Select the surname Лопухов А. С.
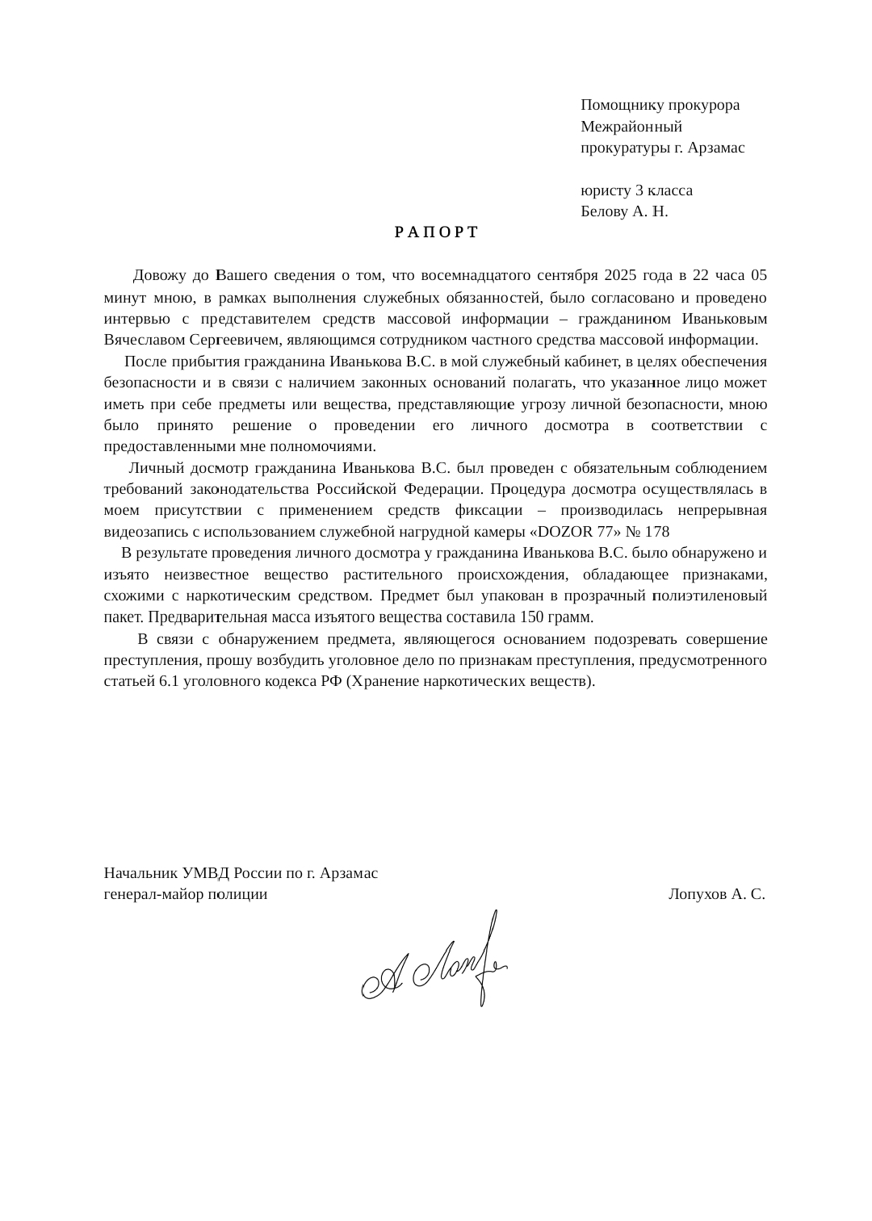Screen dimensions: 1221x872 [x=717, y=894]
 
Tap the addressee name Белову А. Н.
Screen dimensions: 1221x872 [x=624, y=212]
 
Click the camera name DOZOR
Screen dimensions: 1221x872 [x=568, y=532]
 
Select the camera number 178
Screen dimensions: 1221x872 [x=657, y=532]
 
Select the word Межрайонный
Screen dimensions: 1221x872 [x=631, y=127]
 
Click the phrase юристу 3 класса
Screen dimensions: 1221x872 [x=636, y=191]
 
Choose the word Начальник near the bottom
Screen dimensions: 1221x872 [x=141, y=873]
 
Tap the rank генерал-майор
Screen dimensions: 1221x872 [x=154, y=894]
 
